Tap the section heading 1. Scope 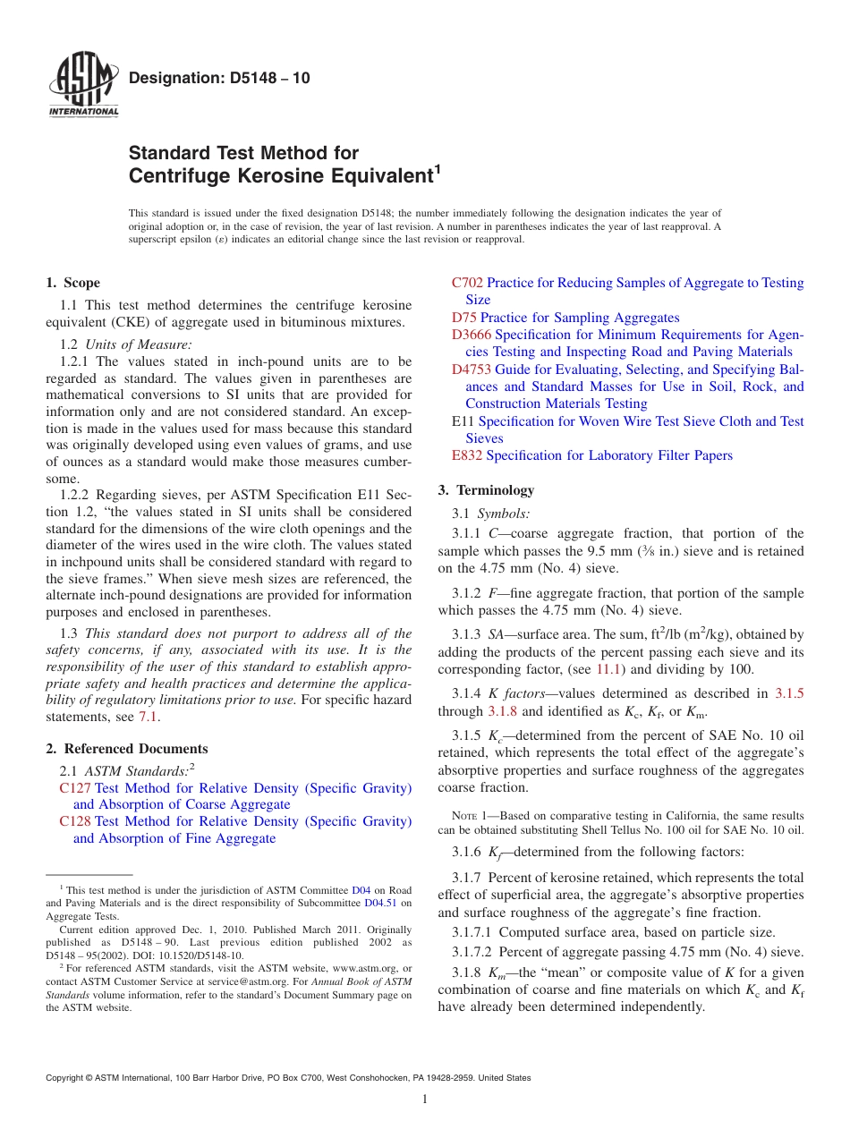coord(73,283)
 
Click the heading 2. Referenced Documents coord(127,749)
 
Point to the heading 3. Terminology coord(486,490)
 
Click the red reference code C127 coord(75,788)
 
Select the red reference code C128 coord(75,821)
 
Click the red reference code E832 coord(467,455)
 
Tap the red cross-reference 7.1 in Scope coord(149,717)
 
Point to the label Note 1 coord(468,816)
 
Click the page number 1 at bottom coord(425,1100)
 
